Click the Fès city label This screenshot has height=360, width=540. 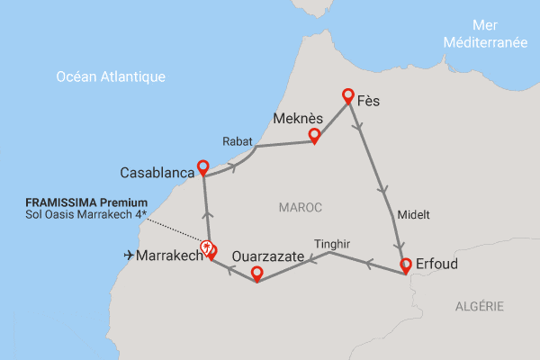click(x=368, y=101)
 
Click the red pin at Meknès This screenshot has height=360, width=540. click(x=314, y=136)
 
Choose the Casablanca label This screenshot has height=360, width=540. click(x=157, y=171)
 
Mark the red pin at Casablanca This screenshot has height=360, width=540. click(x=202, y=167)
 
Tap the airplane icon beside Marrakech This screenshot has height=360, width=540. click(x=129, y=256)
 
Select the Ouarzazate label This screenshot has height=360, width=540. click(x=268, y=256)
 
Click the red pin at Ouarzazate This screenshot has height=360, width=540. click(x=256, y=274)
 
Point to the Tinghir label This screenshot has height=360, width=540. click(x=333, y=243)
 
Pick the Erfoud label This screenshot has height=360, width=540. click(x=438, y=265)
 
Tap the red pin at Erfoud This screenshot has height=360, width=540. click(x=405, y=265)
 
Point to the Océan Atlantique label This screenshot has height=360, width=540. click(x=111, y=76)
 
